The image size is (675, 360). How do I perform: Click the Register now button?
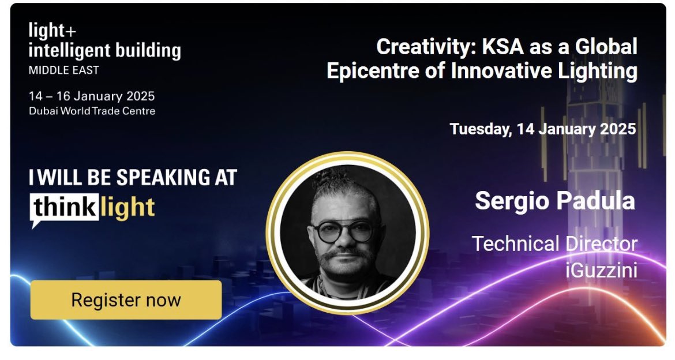[126, 300]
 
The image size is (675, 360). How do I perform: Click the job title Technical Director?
[554, 243]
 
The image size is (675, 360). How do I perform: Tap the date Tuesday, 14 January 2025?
[542, 128]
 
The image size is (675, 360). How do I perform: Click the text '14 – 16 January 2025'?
[92, 96]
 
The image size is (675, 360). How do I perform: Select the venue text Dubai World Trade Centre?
[92, 111]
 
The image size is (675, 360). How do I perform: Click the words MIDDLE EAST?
[64, 70]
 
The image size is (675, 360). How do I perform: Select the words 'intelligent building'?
[104, 51]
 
